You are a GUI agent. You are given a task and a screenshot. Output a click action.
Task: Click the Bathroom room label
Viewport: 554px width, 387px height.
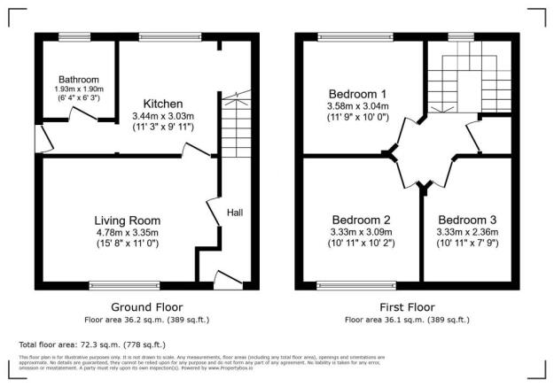74,79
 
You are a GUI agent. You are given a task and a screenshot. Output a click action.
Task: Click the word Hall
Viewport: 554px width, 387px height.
235,213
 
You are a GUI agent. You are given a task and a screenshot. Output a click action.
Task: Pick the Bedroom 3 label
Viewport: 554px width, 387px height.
466,220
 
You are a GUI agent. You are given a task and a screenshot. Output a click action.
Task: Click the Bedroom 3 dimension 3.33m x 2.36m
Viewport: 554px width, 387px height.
466,232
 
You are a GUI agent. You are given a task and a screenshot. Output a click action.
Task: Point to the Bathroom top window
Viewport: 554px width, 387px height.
74,35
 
